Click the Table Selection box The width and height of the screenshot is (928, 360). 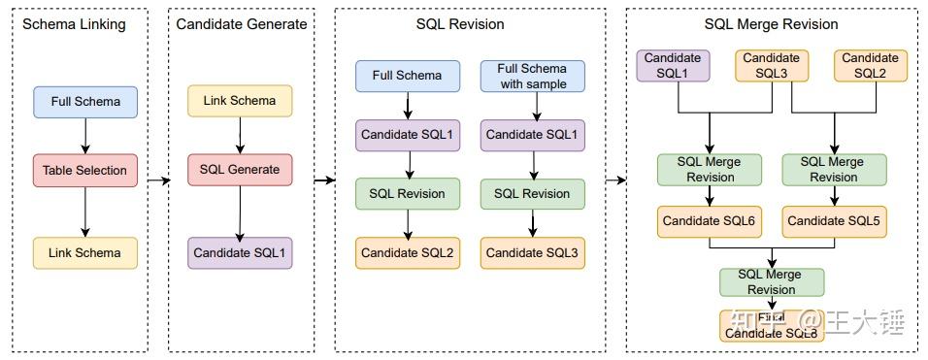tap(85, 170)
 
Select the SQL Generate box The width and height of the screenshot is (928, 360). tap(240, 169)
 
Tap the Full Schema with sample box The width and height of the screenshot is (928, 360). tap(532, 76)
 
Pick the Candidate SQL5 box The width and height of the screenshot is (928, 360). tap(833, 221)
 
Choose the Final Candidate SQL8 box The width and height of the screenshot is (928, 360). tap(772, 326)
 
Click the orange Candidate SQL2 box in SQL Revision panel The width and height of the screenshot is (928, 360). tap(407, 252)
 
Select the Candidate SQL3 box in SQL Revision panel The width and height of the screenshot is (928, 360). tap(532, 252)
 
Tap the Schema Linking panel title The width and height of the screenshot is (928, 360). tap(74, 24)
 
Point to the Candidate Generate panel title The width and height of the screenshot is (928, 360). tap(242, 24)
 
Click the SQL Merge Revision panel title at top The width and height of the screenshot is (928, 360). tap(771, 24)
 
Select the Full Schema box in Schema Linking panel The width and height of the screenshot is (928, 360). tap(85, 101)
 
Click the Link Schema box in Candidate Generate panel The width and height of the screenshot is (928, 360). tap(240, 100)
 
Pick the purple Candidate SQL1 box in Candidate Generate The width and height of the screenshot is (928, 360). tap(240, 252)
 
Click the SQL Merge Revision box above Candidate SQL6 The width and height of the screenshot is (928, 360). tap(710, 170)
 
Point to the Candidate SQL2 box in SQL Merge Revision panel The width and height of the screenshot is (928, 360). tap(871, 65)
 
